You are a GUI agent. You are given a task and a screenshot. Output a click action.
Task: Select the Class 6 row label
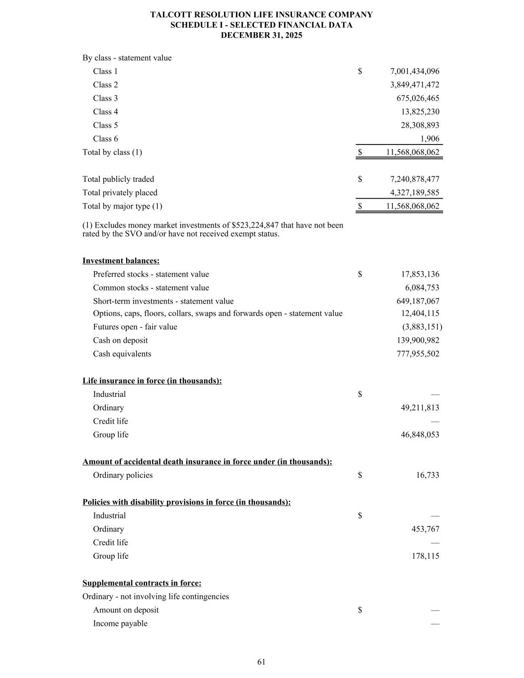point(105,139)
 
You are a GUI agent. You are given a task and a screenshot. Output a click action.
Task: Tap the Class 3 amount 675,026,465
point(418,98)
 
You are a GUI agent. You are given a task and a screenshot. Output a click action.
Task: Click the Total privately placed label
point(120,193)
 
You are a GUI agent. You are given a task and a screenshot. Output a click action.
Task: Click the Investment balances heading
point(121,261)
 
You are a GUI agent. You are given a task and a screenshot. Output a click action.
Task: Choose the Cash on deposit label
point(120,340)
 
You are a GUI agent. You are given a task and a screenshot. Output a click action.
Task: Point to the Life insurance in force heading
point(152,381)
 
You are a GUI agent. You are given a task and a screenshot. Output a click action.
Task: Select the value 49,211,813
point(420,408)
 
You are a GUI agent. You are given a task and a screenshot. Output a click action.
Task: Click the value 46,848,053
point(420,435)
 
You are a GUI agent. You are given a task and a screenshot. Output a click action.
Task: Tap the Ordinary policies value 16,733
point(427,475)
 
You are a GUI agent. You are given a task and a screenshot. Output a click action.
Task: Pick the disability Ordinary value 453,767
point(425,529)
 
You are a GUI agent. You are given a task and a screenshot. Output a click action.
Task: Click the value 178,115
point(425,556)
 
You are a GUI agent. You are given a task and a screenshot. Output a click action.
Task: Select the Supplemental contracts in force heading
point(142,583)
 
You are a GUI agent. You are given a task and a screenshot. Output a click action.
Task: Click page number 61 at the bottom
point(262,662)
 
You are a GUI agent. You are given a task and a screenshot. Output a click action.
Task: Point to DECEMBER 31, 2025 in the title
point(261,36)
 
